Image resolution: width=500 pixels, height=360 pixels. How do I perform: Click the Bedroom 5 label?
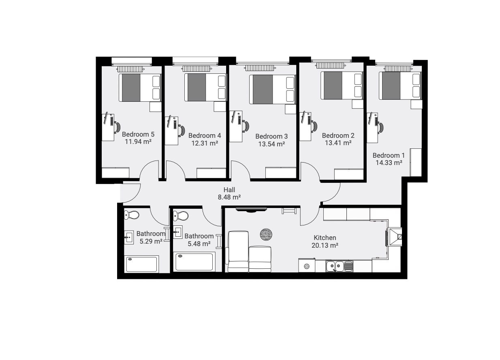pos(138,134)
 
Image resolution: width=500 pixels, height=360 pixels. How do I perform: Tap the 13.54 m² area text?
pos(271,144)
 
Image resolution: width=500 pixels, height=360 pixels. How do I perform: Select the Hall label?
pos(229,190)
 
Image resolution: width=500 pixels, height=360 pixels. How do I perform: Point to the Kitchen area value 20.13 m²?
pos(325,245)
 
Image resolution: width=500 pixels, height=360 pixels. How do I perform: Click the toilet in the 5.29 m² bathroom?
pos(132,215)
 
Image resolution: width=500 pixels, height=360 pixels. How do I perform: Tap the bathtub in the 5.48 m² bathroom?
pos(194,262)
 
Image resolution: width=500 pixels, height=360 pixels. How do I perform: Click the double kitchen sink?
pos(339,266)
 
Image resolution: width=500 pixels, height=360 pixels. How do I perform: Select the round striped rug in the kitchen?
pos(266,234)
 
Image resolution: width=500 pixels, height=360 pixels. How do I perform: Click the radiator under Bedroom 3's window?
pos(260,68)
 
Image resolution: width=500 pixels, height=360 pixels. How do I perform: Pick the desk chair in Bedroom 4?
pos(182,130)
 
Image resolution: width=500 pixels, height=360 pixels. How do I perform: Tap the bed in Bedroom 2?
pos(342,85)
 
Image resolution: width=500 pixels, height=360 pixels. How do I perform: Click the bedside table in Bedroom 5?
pos(155,107)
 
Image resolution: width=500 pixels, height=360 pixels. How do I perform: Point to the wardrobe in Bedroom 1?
pos(416,162)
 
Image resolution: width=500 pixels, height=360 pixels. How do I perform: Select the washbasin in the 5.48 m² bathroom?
pos(178,232)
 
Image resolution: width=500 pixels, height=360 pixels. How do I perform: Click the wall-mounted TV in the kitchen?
pos(251,210)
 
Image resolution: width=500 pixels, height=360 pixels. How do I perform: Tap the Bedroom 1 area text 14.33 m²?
pos(389,163)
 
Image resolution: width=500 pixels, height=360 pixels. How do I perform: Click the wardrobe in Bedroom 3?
pos(281,173)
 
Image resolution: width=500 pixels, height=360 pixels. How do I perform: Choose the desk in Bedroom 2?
pos(306,126)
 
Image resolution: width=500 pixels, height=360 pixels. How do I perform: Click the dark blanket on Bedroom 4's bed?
pos(197,87)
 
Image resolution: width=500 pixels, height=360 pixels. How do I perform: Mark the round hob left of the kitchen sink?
pos(307,266)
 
